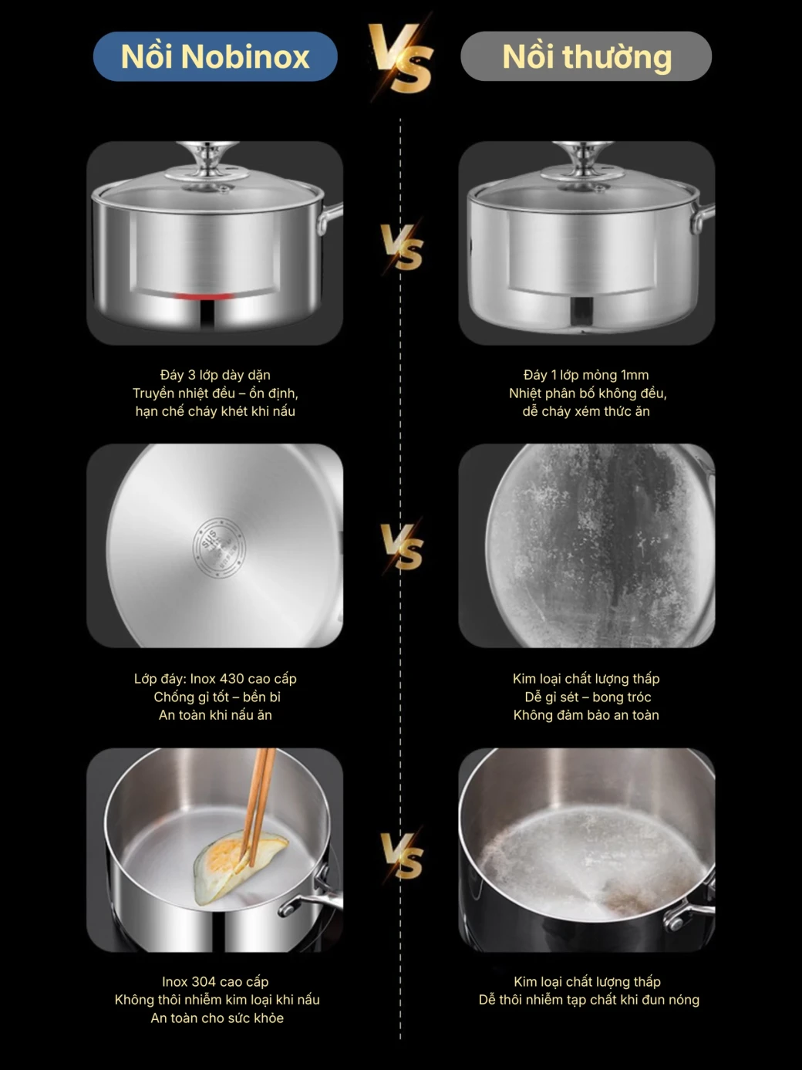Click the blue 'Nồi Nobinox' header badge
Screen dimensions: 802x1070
(x=215, y=56)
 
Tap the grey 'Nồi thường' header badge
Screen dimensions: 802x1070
(x=585, y=56)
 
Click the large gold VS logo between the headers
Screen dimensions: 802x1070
(x=400, y=59)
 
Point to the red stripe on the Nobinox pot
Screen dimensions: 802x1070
(x=204, y=296)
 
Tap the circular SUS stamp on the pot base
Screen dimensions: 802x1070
(x=219, y=548)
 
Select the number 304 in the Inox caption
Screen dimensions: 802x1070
(x=204, y=981)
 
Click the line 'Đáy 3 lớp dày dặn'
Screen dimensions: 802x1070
(x=215, y=375)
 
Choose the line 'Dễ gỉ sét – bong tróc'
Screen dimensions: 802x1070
(x=588, y=697)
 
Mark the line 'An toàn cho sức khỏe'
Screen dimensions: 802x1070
(x=217, y=1018)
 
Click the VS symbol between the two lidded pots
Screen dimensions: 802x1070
(x=401, y=247)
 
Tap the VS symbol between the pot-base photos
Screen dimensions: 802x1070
(x=401, y=547)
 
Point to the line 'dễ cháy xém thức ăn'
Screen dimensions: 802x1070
(x=586, y=411)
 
